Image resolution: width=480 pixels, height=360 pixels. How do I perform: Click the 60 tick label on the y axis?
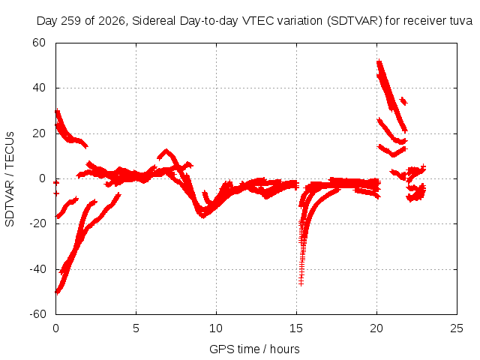tap(39, 43)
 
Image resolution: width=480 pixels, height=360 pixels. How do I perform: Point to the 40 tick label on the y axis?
tap(39, 88)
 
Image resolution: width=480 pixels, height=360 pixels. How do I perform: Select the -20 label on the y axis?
tap(37, 223)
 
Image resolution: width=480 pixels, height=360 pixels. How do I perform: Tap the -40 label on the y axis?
tap(37, 269)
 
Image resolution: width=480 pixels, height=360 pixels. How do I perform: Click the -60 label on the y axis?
tap(37, 314)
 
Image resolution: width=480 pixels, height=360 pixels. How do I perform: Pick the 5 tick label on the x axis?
tap(136, 328)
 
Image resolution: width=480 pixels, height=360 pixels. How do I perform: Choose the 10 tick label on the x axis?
tap(216, 328)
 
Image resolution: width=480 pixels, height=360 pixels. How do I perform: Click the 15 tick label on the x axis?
tap(296, 328)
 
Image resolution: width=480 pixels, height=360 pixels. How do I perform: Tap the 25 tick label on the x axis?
tap(457, 328)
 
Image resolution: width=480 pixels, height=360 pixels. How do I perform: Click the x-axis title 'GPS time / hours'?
tap(254, 349)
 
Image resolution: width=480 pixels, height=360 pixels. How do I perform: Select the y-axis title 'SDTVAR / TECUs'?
tap(10, 179)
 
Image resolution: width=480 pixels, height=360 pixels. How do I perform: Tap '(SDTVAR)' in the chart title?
tap(355, 21)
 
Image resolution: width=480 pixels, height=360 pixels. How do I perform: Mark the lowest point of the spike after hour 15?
tap(301, 284)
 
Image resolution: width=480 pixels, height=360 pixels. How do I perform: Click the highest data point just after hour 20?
tap(379, 61)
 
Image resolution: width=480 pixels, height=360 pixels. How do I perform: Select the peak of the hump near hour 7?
tap(166, 151)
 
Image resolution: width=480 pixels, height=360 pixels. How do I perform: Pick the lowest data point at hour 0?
tap(57, 292)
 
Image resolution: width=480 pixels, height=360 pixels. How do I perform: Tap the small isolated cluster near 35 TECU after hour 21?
tap(403, 100)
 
